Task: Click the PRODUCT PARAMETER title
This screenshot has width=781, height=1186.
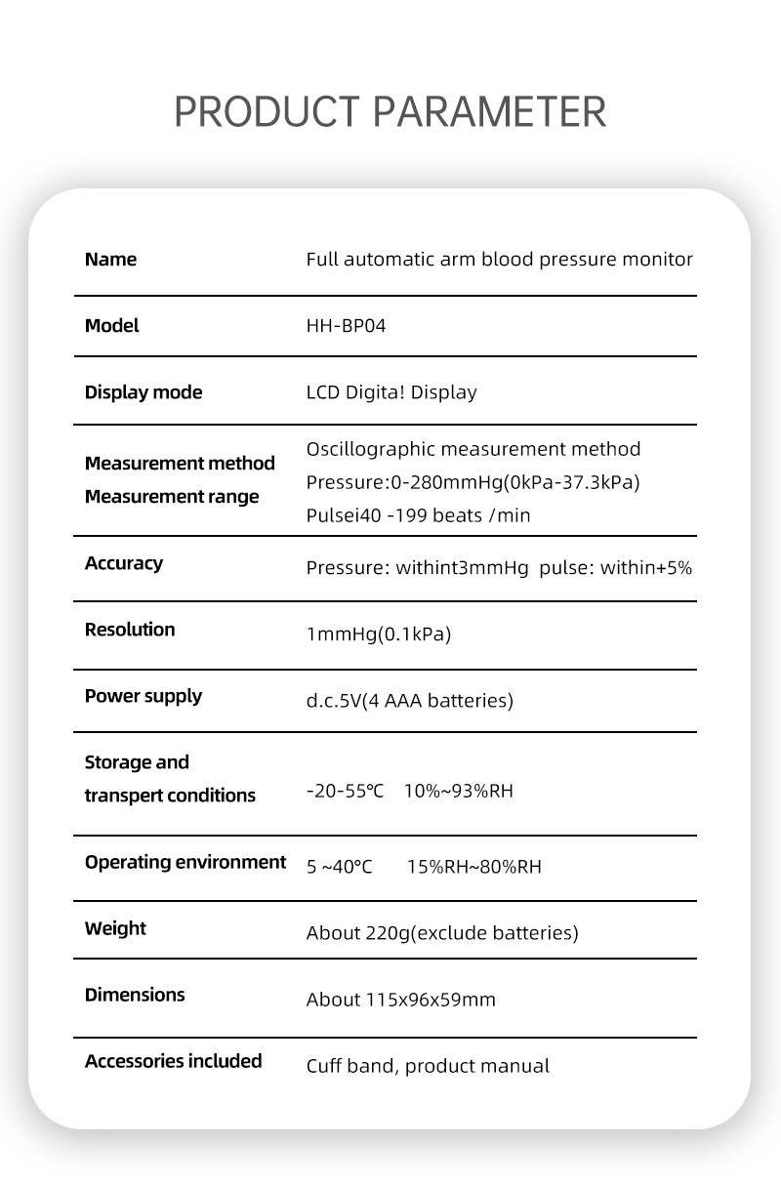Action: tap(390, 112)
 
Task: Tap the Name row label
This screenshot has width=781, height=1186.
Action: tap(110, 260)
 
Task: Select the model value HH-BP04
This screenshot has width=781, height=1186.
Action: tap(346, 326)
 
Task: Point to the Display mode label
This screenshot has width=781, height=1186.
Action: tap(144, 392)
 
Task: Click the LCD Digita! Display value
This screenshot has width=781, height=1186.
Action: tap(391, 392)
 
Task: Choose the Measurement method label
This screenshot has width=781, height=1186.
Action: tap(180, 463)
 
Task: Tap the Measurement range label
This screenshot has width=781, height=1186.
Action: tap(172, 497)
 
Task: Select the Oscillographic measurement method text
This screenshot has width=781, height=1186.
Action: tap(473, 449)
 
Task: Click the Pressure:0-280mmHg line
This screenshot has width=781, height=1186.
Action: tap(473, 482)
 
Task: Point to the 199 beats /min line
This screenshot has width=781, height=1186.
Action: tap(418, 515)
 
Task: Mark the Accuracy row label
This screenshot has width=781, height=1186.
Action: tap(124, 563)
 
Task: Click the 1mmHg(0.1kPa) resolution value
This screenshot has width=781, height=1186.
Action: tap(379, 634)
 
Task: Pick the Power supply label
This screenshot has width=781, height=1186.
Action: tap(144, 696)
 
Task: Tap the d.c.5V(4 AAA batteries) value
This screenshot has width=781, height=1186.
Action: tap(409, 701)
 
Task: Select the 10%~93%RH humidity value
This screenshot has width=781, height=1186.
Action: tap(457, 791)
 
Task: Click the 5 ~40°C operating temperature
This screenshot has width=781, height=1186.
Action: tap(340, 867)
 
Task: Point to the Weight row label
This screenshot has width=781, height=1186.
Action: tap(115, 928)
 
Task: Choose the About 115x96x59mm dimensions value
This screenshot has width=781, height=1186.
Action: tap(401, 1000)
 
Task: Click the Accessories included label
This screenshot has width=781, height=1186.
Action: tap(174, 1061)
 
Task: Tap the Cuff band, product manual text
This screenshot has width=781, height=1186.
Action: tap(428, 1066)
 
